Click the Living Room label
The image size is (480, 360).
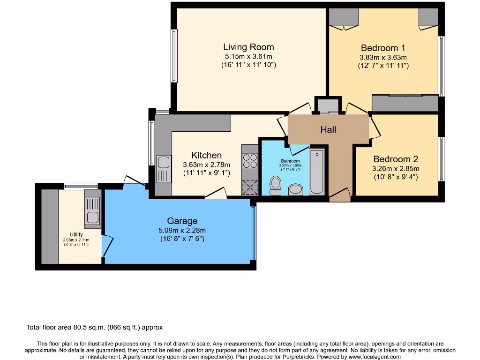click(x=248, y=47)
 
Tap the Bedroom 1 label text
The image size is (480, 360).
click(x=383, y=48)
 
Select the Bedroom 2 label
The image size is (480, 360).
click(x=396, y=159)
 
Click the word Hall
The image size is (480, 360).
click(x=328, y=129)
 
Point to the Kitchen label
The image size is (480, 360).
click(x=206, y=155)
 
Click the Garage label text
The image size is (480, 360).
click(x=182, y=221)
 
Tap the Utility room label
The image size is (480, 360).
click(x=76, y=234)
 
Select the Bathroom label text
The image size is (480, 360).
click(x=290, y=161)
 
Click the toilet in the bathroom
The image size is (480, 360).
click(x=275, y=185)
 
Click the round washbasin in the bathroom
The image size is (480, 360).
click(x=295, y=189)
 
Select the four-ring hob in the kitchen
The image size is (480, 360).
click(x=250, y=161)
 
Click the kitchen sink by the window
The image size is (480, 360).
click(x=164, y=168)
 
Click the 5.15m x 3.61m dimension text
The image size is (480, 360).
click(x=248, y=57)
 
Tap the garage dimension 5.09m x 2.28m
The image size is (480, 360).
click(x=182, y=230)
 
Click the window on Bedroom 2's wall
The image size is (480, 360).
click(x=441, y=159)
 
